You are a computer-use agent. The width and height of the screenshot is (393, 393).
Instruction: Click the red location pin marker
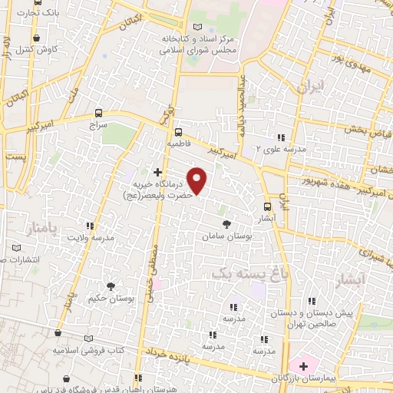click(x=197, y=180)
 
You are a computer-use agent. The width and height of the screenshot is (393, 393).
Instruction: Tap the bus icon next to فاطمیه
click(x=178, y=131)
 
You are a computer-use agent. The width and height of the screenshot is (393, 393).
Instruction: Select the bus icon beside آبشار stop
click(x=267, y=206)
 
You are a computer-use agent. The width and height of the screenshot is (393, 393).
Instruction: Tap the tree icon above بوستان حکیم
click(x=111, y=286)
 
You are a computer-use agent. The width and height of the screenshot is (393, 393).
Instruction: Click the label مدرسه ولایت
click(x=93, y=238)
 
